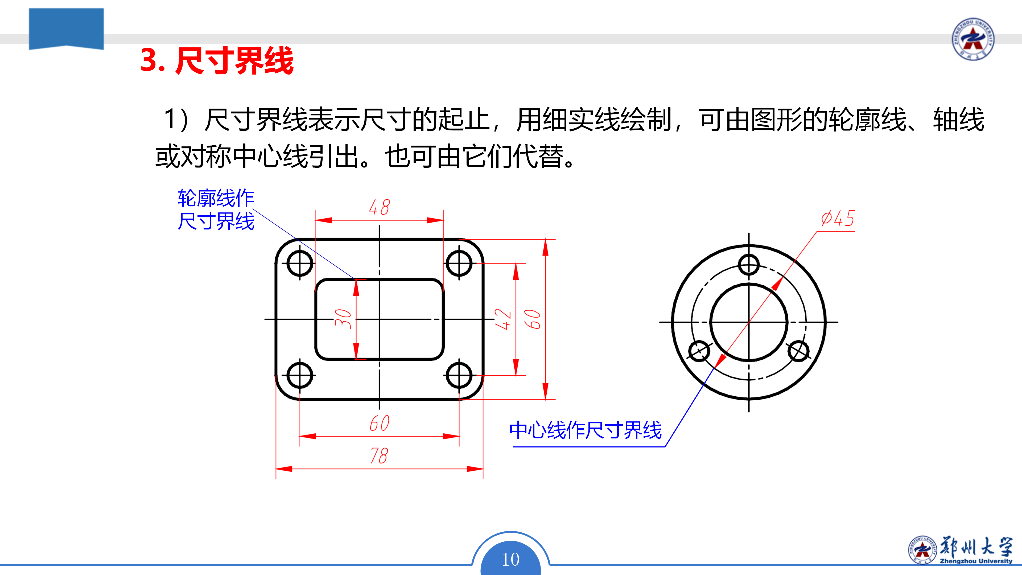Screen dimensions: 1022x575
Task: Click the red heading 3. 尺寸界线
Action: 217,60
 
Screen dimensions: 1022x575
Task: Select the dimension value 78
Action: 379,455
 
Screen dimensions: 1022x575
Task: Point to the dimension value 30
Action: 343,319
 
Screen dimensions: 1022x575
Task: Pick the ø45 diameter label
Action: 838,218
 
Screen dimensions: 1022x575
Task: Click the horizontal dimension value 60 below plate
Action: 379,423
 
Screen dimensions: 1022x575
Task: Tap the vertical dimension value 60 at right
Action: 532,319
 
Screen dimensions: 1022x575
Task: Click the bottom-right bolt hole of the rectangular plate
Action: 459,375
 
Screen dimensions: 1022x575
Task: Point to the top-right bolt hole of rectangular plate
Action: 459,263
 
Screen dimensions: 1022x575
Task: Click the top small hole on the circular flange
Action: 749,265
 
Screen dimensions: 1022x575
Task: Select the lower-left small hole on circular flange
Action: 699,351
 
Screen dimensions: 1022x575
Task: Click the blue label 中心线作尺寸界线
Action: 586,430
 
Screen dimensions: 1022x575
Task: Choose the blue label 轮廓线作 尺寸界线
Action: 216,210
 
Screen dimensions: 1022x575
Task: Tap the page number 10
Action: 511,560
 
